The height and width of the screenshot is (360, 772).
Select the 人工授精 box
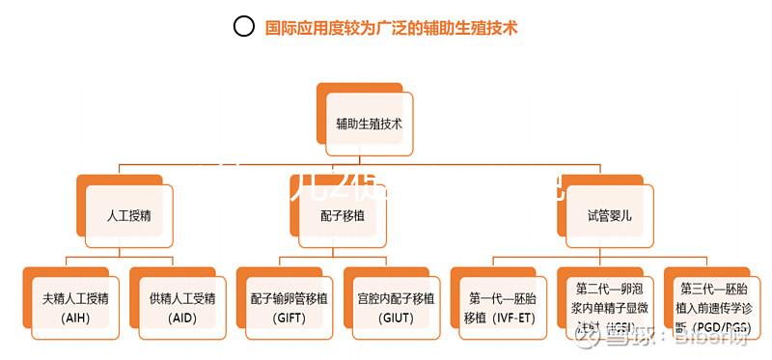[128, 215]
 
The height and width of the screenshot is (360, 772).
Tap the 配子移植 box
[343, 215]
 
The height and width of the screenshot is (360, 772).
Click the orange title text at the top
[392, 28]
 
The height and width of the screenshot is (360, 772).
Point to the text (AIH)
[74, 317]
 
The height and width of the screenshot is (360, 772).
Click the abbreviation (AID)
[181, 317]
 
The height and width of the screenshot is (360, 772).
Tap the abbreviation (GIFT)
[289, 317]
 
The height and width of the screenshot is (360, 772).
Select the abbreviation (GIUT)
[396, 317]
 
